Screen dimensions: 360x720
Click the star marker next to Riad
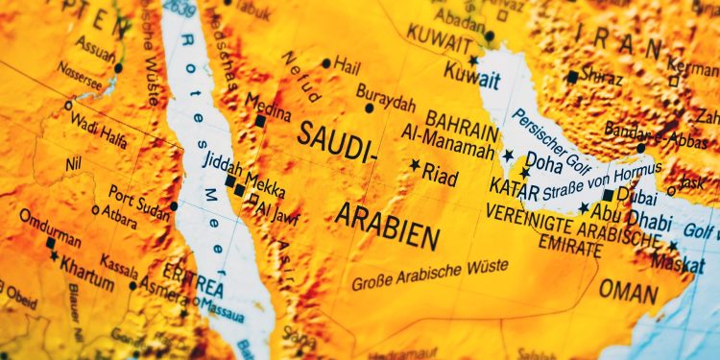click(x=416, y=165)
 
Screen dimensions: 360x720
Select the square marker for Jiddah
click(x=229, y=180)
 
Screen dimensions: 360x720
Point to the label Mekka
click(x=265, y=180)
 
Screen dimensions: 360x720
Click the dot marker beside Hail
click(x=326, y=63)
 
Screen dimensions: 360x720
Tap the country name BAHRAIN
click(x=462, y=121)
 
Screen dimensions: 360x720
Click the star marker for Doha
click(x=508, y=156)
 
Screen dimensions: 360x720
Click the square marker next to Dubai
click(x=608, y=194)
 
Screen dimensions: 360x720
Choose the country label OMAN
click(x=629, y=290)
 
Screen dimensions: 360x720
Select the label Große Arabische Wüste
click(x=430, y=275)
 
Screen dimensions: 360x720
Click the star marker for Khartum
click(x=54, y=256)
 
